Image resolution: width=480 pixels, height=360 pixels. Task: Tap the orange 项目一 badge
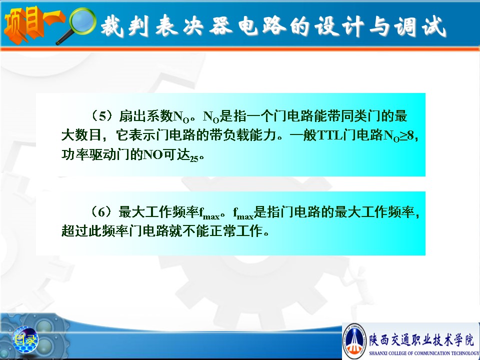point(33,24)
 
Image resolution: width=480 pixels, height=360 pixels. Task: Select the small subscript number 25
point(194,158)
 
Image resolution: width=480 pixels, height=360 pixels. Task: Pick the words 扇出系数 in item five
point(146,115)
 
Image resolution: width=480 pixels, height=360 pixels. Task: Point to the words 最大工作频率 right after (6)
point(159,212)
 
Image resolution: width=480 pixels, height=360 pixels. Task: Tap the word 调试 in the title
point(420,26)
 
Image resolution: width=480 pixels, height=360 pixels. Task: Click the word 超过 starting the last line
point(74,231)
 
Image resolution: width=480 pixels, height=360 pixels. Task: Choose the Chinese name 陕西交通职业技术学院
point(421,340)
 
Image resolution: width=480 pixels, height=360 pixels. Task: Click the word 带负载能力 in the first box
point(243,135)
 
